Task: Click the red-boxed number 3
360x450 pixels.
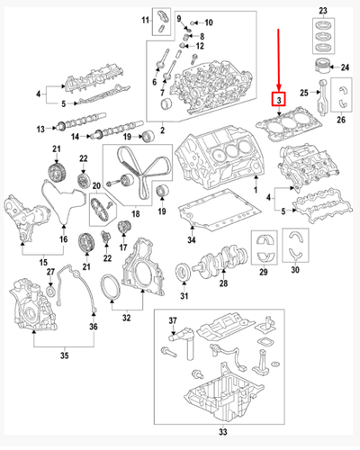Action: (x=280, y=100)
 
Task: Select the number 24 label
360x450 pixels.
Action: (x=342, y=67)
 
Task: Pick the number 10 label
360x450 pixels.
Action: (x=209, y=21)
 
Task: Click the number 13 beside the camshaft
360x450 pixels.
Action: (x=40, y=129)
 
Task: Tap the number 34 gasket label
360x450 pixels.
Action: (x=191, y=239)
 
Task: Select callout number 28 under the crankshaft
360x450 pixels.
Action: (x=224, y=285)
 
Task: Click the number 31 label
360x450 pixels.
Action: (x=184, y=298)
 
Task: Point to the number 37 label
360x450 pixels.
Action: (x=174, y=322)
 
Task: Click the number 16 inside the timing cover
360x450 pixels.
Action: (x=63, y=238)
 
